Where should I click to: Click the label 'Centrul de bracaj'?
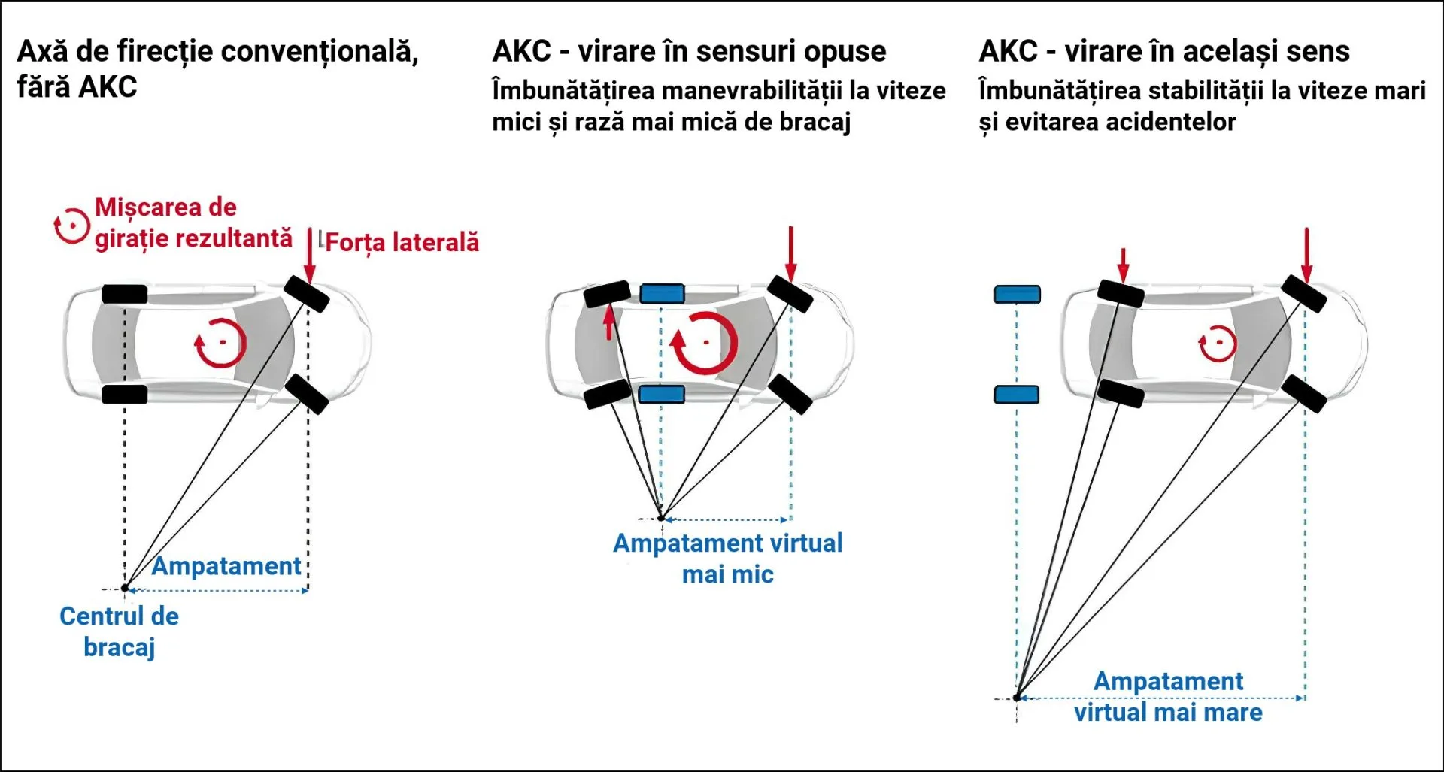coord(119,631)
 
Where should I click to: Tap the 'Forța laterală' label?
coord(402,242)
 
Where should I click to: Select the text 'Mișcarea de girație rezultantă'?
coord(193,223)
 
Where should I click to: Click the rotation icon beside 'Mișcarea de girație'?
coord(72,226)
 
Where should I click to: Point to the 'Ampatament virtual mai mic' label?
coord(727,559)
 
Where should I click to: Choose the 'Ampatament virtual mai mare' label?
coord(1168,697)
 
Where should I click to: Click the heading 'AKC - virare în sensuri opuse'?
coord(689,51)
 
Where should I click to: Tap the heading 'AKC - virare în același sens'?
coord(1163,51)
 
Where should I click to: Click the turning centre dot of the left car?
coord(126,588)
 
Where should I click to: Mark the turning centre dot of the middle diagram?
coord(661,518)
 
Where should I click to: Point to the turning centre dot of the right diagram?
coord(1017,698)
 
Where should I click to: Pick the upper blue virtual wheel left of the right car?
coord(1017,294)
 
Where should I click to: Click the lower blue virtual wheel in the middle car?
coord(662,394)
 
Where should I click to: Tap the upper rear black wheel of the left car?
coord(125,294)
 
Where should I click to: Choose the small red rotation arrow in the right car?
coord(1217,344)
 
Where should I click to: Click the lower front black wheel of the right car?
coord(1303,394)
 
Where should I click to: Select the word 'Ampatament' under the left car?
coord(226,566)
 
